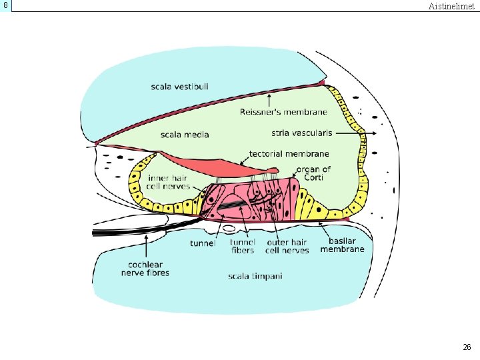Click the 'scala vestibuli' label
(179, 87)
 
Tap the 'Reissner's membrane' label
(283, 111)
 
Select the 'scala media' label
(185, 135)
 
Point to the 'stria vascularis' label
(301, 133)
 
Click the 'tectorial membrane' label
(289, 153)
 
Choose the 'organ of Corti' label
(313, 173)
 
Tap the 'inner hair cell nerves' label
(168, 182)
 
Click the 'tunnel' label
(203, 243)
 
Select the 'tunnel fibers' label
(243, 246)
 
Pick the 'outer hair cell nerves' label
(287, 246)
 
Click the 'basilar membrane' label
(342, 245)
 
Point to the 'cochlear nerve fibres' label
(145, 268)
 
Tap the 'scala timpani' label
(255, 276)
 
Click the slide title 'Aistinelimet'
(451, 6)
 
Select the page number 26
(467, 347)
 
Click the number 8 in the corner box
(5, 5)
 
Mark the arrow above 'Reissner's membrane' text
(269, 99)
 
